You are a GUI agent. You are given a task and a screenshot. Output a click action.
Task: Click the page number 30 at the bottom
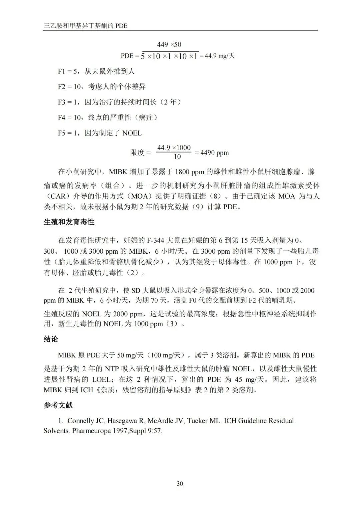[180, 484]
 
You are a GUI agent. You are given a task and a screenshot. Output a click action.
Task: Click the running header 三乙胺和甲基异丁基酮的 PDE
[85, 26]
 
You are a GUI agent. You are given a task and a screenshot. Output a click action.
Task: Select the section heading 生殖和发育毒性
[69, 222]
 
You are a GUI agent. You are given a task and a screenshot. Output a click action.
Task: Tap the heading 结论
[51, 339]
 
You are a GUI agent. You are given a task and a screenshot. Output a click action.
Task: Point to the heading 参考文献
[58, 405]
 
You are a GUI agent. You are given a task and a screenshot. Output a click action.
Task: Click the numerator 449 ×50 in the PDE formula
[169, 44]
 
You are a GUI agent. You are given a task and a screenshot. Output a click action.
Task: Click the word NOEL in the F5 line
[132, 133]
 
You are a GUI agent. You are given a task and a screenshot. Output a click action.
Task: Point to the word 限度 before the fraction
[137, 153]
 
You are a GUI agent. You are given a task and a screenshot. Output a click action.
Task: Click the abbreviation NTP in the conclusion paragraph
[112, 369]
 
